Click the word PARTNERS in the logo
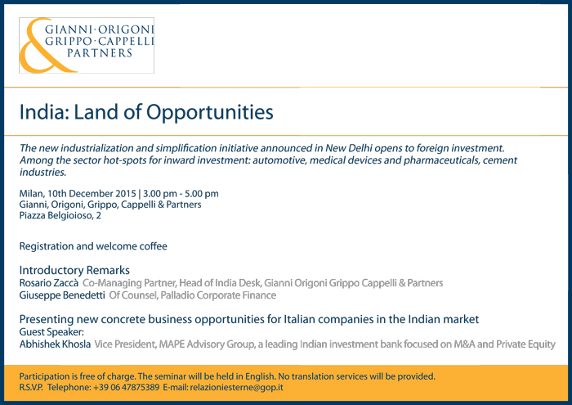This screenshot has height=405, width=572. point(100,53)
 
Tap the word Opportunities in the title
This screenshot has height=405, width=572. point(210,113)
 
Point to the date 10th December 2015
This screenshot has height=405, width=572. point(92,194)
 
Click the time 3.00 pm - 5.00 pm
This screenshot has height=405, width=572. point(181,194)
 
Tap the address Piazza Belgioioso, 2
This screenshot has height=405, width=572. point(60,215)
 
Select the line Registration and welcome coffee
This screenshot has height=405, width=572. point(93,246)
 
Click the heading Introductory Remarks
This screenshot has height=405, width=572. point(74,270)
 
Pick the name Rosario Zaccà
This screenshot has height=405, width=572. point(49,283)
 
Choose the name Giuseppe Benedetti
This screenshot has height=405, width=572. point(62,295)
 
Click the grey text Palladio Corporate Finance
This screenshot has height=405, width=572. point(218,295)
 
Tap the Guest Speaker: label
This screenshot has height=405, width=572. point(51,332)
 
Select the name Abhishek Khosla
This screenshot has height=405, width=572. point(55,344)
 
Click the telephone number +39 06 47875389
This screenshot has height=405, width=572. point(126,388)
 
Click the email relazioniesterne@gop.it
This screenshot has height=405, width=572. point(236,388)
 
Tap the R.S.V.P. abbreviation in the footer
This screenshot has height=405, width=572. point(31,388)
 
